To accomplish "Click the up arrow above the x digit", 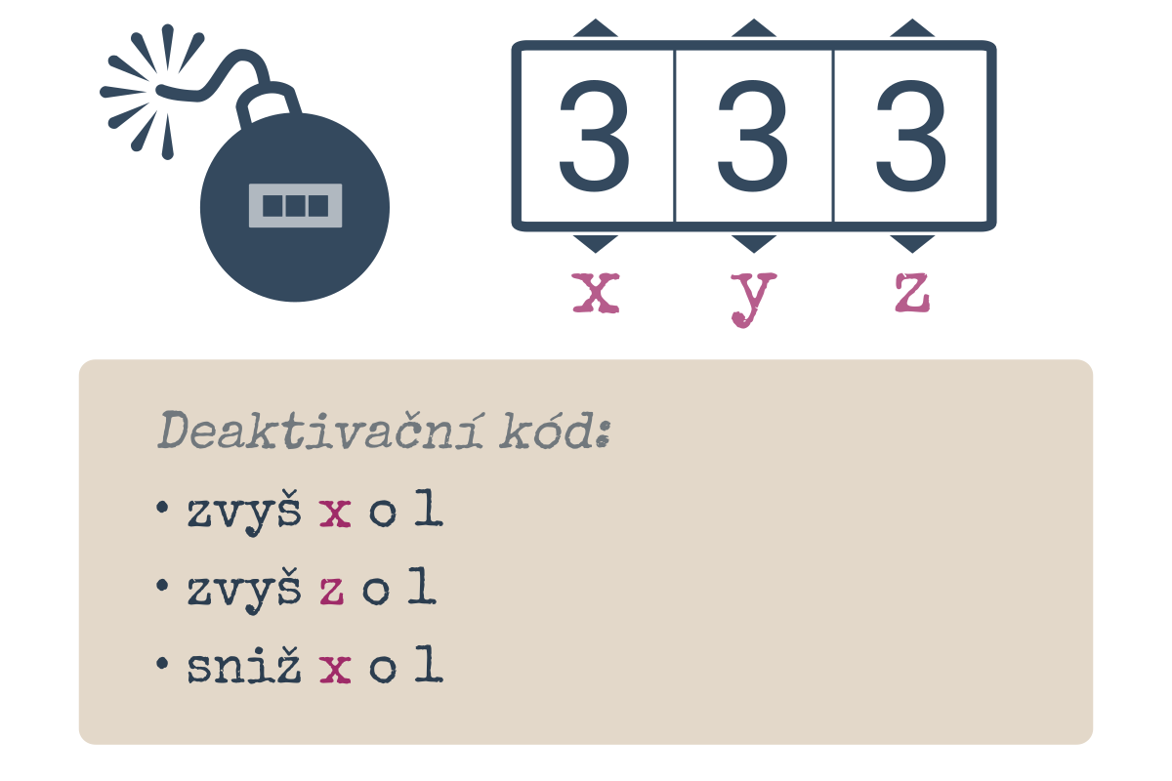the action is coord(596,28).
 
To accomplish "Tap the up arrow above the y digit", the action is coord(753,28).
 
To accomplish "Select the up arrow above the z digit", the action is coord(912,28).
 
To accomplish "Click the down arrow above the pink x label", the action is coord(596,243).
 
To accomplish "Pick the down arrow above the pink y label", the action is coord(753,243).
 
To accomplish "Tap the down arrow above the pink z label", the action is coord(912,243).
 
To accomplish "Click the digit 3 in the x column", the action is coord(595,136).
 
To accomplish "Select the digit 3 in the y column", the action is coord(752,136).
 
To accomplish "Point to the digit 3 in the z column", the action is coord(911,136).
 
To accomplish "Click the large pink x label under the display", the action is coord(596,293).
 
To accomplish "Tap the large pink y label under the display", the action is coord(753,300).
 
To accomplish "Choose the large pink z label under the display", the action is coord(912,293).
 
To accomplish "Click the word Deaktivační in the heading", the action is coord(320,431).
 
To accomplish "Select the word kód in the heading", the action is coord(555,431).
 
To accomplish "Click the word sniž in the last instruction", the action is coord(244,665).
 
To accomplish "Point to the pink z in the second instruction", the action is coord(332,591).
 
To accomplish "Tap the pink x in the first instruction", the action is coord(335,514).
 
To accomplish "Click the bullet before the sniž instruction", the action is coord(162,663).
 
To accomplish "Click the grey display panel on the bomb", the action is coord(295,206).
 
